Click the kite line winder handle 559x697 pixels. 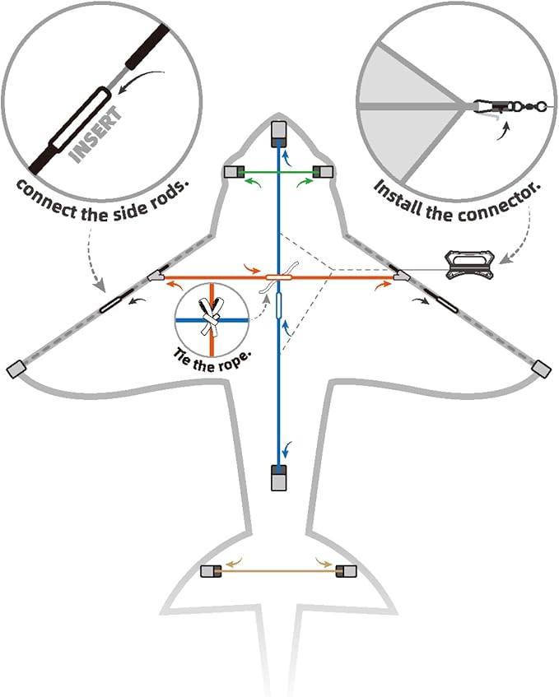click(x=469, y=261)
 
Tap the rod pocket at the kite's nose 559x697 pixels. click(x=279, y=131)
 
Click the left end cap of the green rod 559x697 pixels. click(x=234, y=172)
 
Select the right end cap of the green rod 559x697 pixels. click(x=324, y=172)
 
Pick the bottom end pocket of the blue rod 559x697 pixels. click(x=278, y=477)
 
